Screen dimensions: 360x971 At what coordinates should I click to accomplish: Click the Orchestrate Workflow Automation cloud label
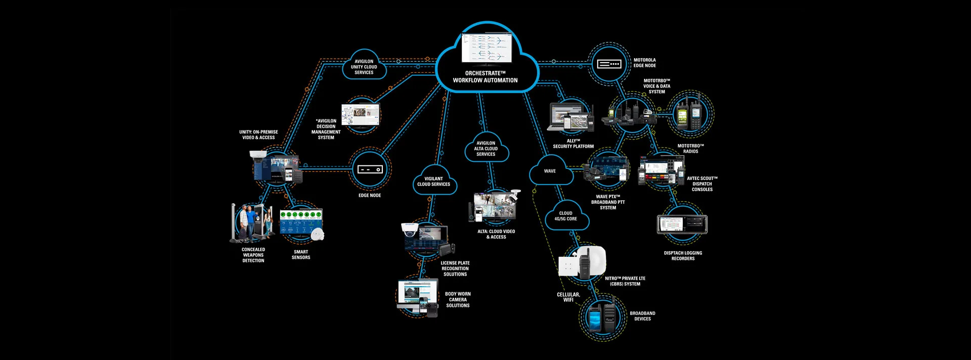click(485, 77)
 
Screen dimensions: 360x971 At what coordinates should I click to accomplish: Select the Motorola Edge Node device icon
click(609, 64)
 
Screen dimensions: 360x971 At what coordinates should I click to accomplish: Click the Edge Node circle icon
click(370, 170)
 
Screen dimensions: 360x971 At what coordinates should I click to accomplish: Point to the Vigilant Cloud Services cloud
click(434, 182)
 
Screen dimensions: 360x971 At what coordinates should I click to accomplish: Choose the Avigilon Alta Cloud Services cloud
click(486, 149)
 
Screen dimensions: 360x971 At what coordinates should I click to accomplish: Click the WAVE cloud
click(550, 171)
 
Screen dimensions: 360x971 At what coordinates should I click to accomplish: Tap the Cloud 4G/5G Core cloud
click(566, 216)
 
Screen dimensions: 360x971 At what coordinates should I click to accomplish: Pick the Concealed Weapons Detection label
click(253, 255)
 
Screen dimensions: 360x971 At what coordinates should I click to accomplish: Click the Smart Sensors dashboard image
click(301, 223)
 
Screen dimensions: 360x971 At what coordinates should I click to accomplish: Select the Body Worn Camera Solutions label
click(458, 300)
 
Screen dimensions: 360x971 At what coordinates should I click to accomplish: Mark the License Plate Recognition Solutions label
click(455, 268)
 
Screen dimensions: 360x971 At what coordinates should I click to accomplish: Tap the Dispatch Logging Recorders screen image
click(682, 224)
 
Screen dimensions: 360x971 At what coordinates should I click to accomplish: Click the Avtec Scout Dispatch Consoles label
click(702, 184)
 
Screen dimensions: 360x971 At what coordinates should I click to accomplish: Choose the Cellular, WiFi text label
click(568, 297)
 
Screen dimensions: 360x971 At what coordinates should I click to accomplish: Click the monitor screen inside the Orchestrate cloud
click(487, 48)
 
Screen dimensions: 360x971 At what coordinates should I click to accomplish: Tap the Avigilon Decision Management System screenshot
click(361, 115)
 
